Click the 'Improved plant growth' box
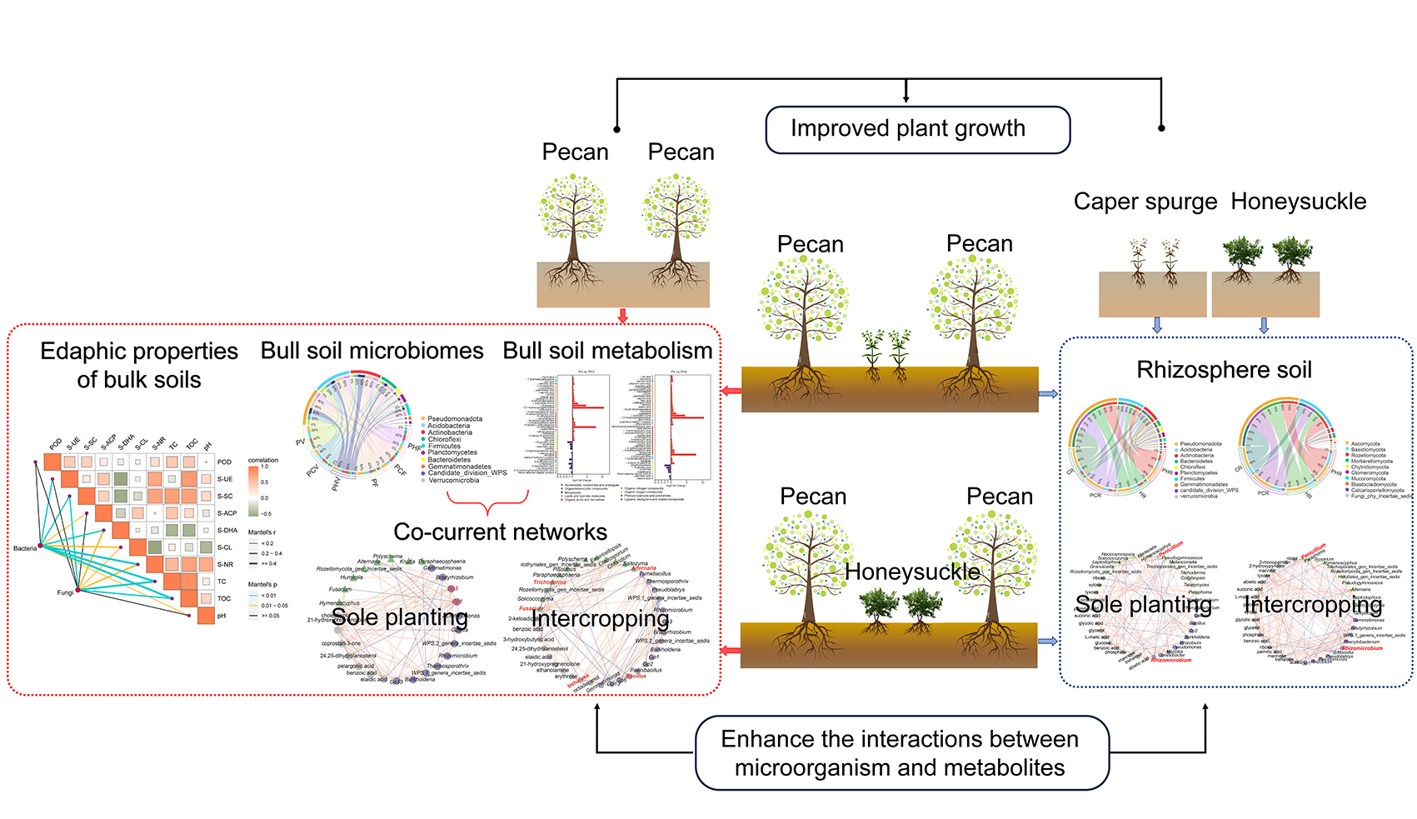tap(917, 129)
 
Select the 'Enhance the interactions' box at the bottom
tap(901, 752)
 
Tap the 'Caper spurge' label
tap(1145, 202)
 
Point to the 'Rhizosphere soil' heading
tap(1224, 370)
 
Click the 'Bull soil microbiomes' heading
tap(372, 351)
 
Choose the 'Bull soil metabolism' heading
tap(607, 351)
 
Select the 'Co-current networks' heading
tap(500, 532)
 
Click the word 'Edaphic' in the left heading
tap(83, 351)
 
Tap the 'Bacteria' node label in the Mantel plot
tap(25, 548)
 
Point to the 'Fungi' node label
tap(64, 592)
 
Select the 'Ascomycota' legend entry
tap(1365, 444)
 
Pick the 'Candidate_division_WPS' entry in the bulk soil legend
tap(467, 473)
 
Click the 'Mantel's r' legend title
tap(262, 532)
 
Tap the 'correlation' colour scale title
tap(263, 460)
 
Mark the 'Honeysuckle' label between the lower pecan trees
tap(912, 572)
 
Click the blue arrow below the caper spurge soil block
tap(1156, 325)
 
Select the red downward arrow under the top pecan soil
tap(622, 316)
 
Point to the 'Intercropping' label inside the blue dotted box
tap(1313, 605)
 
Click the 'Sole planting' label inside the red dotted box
tap(400, 617)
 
